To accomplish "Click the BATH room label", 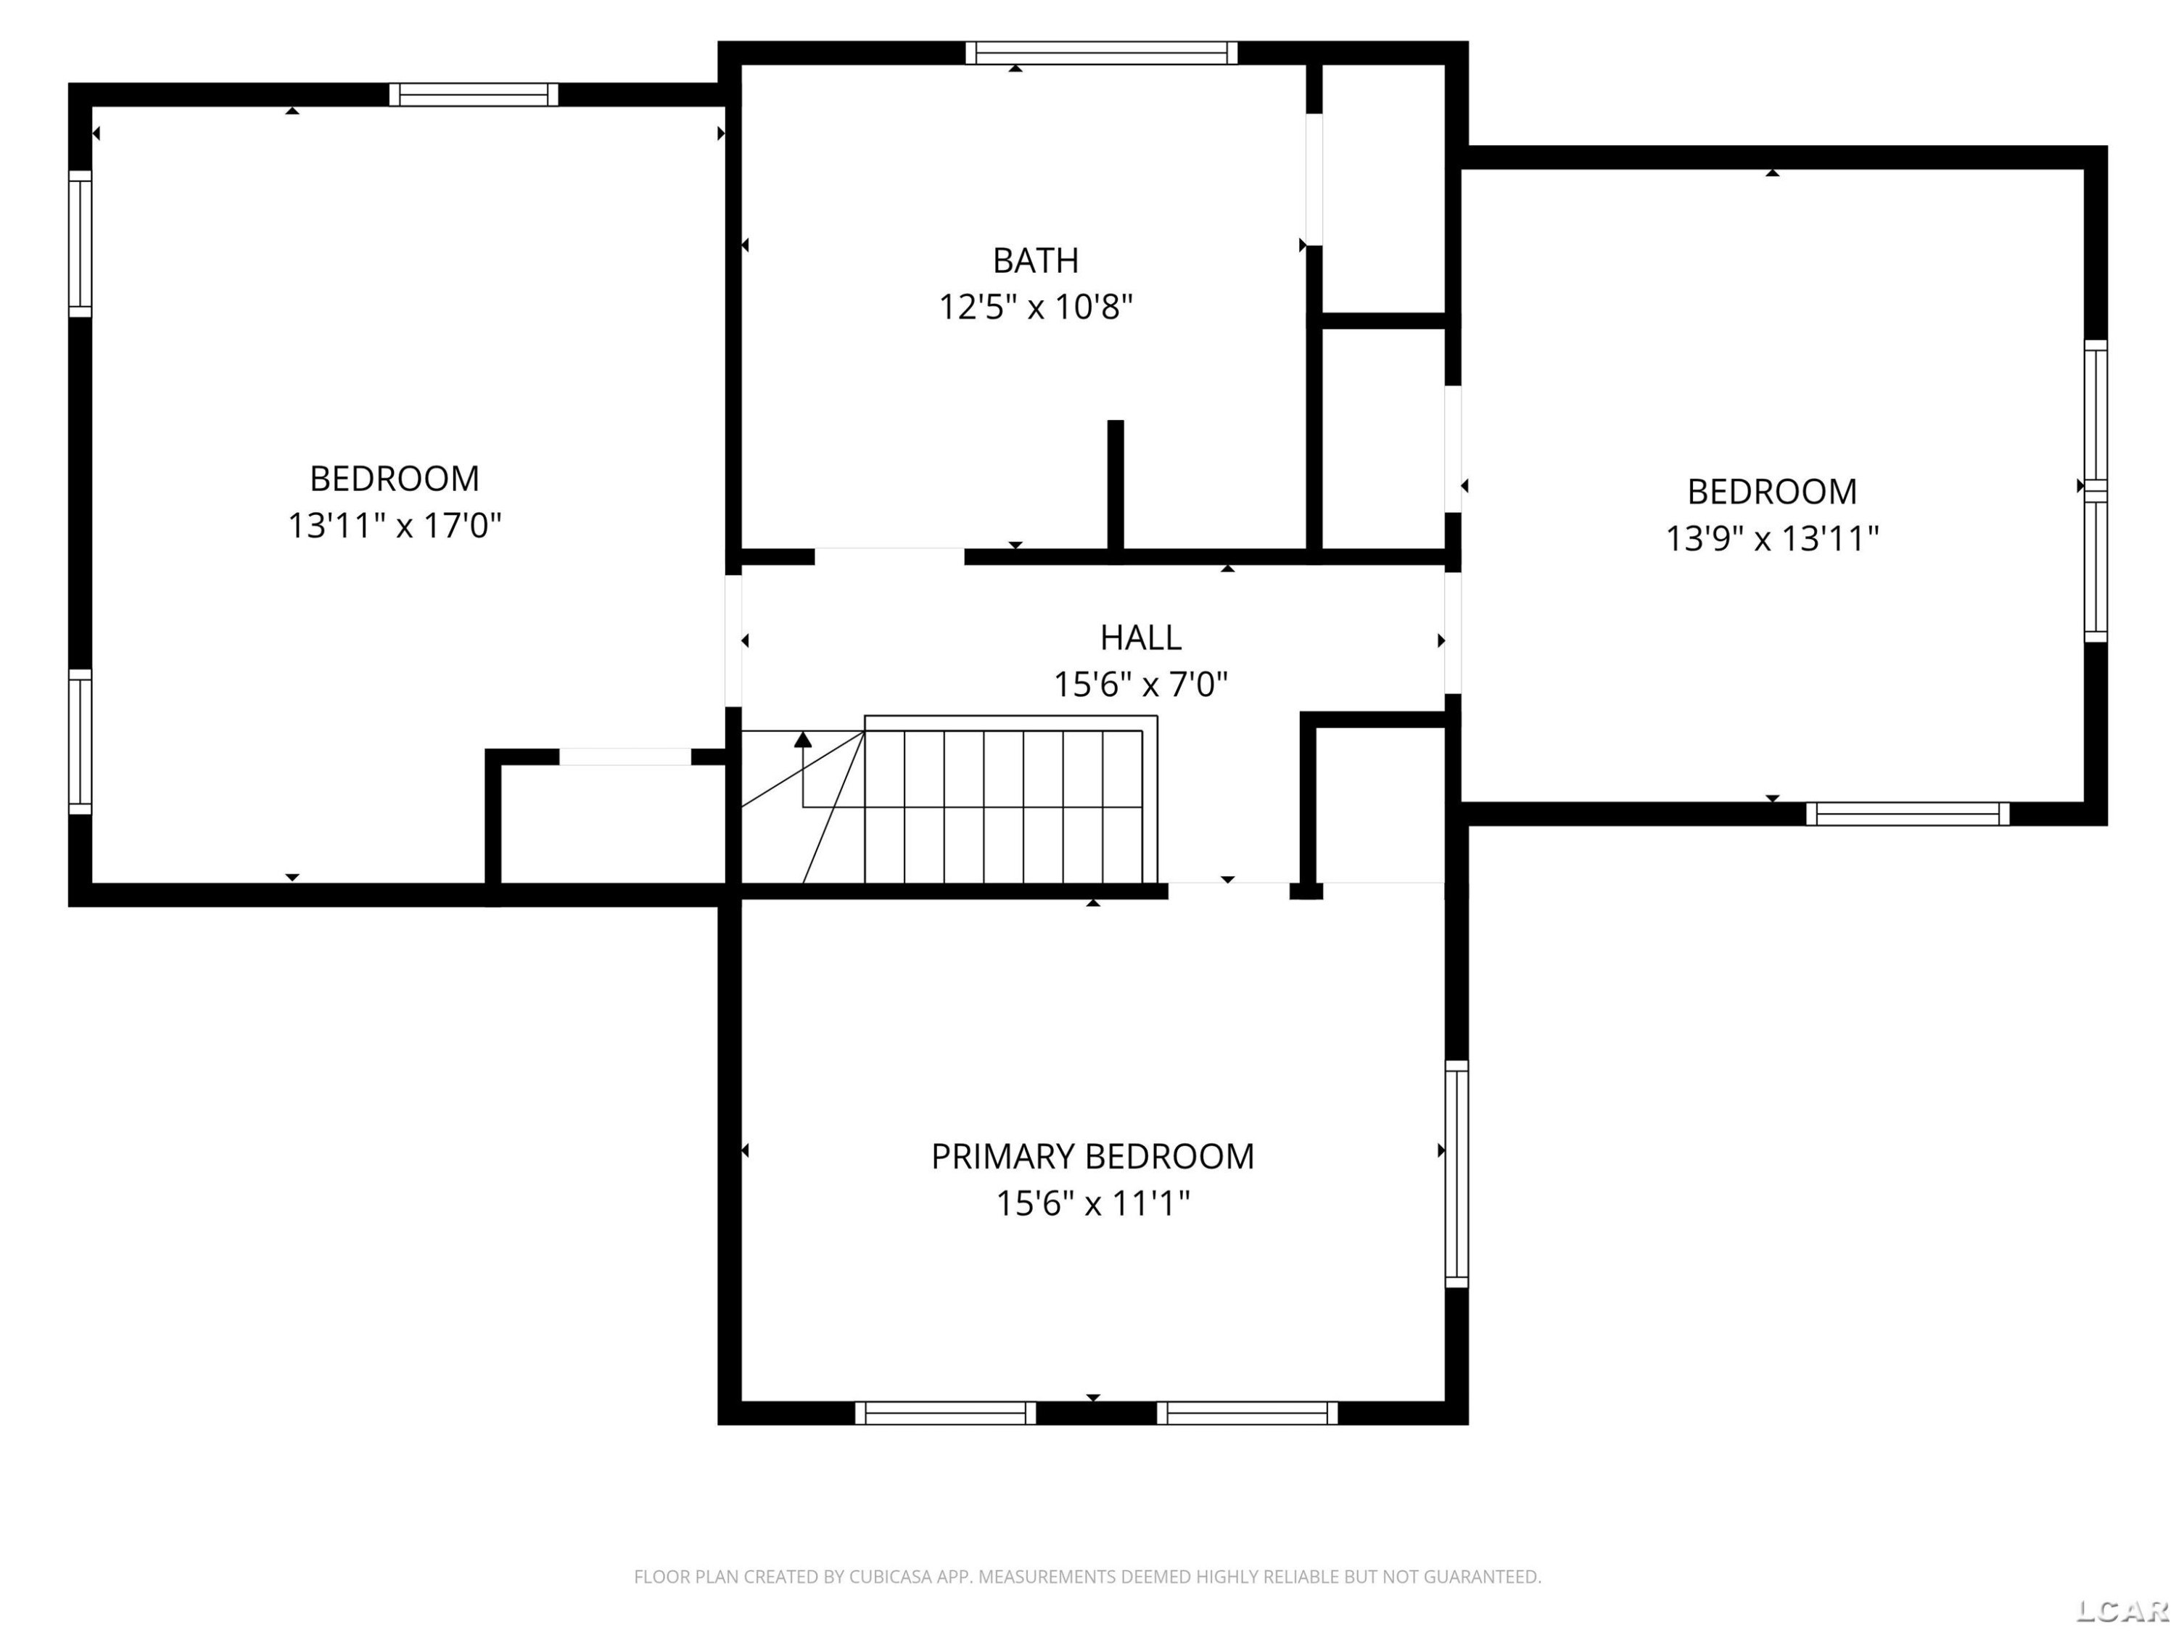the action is tap(1035, 260).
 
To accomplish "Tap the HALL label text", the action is tap(1140, 638).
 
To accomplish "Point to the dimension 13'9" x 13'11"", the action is tap(1772, 539).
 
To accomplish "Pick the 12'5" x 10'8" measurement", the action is tap(1035, 308).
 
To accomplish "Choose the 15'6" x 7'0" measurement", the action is tap(1140, 685).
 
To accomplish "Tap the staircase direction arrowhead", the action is tap(803, 740).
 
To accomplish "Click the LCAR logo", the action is tap(2122, 1610).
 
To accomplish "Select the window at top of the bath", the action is tap(1101, 53).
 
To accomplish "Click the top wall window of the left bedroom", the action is tap(473, 94).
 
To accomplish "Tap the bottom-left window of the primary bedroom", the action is tap(944, 1413).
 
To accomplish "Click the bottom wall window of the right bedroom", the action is tap(1908, 814).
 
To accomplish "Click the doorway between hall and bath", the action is tap(889, 557).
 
